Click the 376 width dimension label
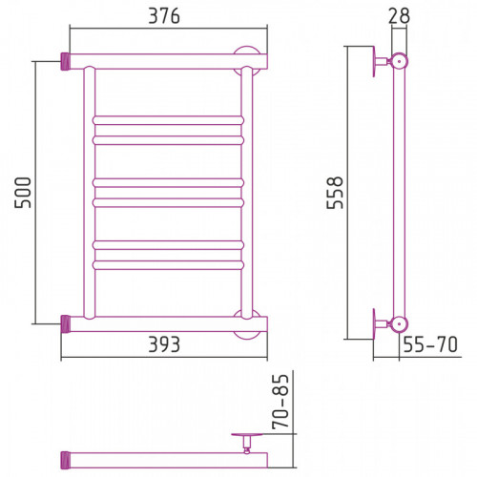click(164, 15)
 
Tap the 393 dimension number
click(164, 344)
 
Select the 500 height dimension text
click(23, 193)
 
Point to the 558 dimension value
click(335, 193)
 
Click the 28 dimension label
click(399, 15)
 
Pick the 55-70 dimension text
click(430, 344)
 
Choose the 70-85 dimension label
click(280, 402)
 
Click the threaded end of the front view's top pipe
click(65, 62)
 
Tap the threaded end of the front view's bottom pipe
click(65, 324)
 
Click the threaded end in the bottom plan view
click(65, 460)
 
